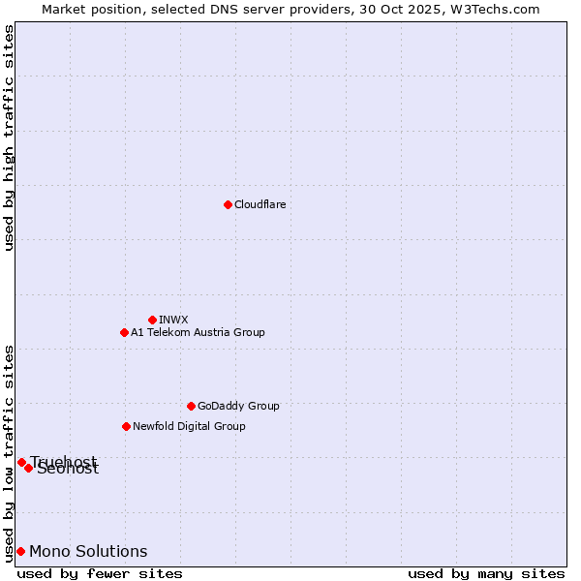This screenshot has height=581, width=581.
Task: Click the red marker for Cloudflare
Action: click(x=228, y=204)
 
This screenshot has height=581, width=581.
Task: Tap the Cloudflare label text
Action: click(x=260, y=204)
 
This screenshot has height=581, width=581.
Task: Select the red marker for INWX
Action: click(x=152, y=320)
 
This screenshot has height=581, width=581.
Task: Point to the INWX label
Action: click(x=173, y=320)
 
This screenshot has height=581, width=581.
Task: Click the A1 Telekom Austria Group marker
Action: click(x=124, y=332)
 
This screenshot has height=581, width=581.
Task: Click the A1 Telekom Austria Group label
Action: click(x=198, y=332)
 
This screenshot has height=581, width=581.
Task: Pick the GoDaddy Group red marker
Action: click(x=191, y=406)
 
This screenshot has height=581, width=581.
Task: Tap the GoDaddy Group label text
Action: click(x=238, y=406)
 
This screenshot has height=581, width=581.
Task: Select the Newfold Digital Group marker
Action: click(x=126, y=426)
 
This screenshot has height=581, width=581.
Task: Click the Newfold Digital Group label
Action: click(x=189, y=426)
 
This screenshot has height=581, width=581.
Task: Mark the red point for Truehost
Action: click(x=21, y=462)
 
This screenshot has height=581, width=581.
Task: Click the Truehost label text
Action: click(x=64, y=461)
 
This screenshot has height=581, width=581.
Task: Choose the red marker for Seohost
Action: click(x=29, y=468)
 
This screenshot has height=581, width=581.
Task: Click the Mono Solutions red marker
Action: click(x=20, y=551)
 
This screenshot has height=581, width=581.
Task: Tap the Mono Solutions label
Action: click(x=88, y=551)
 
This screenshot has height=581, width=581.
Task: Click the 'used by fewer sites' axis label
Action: click(x=100, y=573)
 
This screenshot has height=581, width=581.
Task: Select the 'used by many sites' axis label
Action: click(x=486, y=573)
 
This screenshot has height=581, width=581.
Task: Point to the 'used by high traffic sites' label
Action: click(x=9, y=138)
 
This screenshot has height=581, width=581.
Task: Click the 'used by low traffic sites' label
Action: click(x=9, y=452)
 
